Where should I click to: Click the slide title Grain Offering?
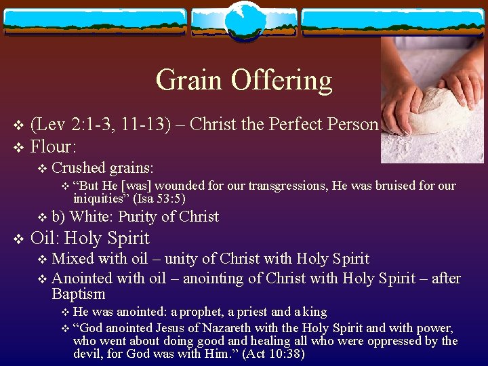pos(244,80)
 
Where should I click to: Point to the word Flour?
pos(54,145)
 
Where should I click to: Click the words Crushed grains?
pos(102,167)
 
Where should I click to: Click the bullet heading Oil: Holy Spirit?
pos(90,239)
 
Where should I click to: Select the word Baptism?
pos(79,294)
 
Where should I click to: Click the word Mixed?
pos(73,259)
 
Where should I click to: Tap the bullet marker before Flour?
pos(18,146)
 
